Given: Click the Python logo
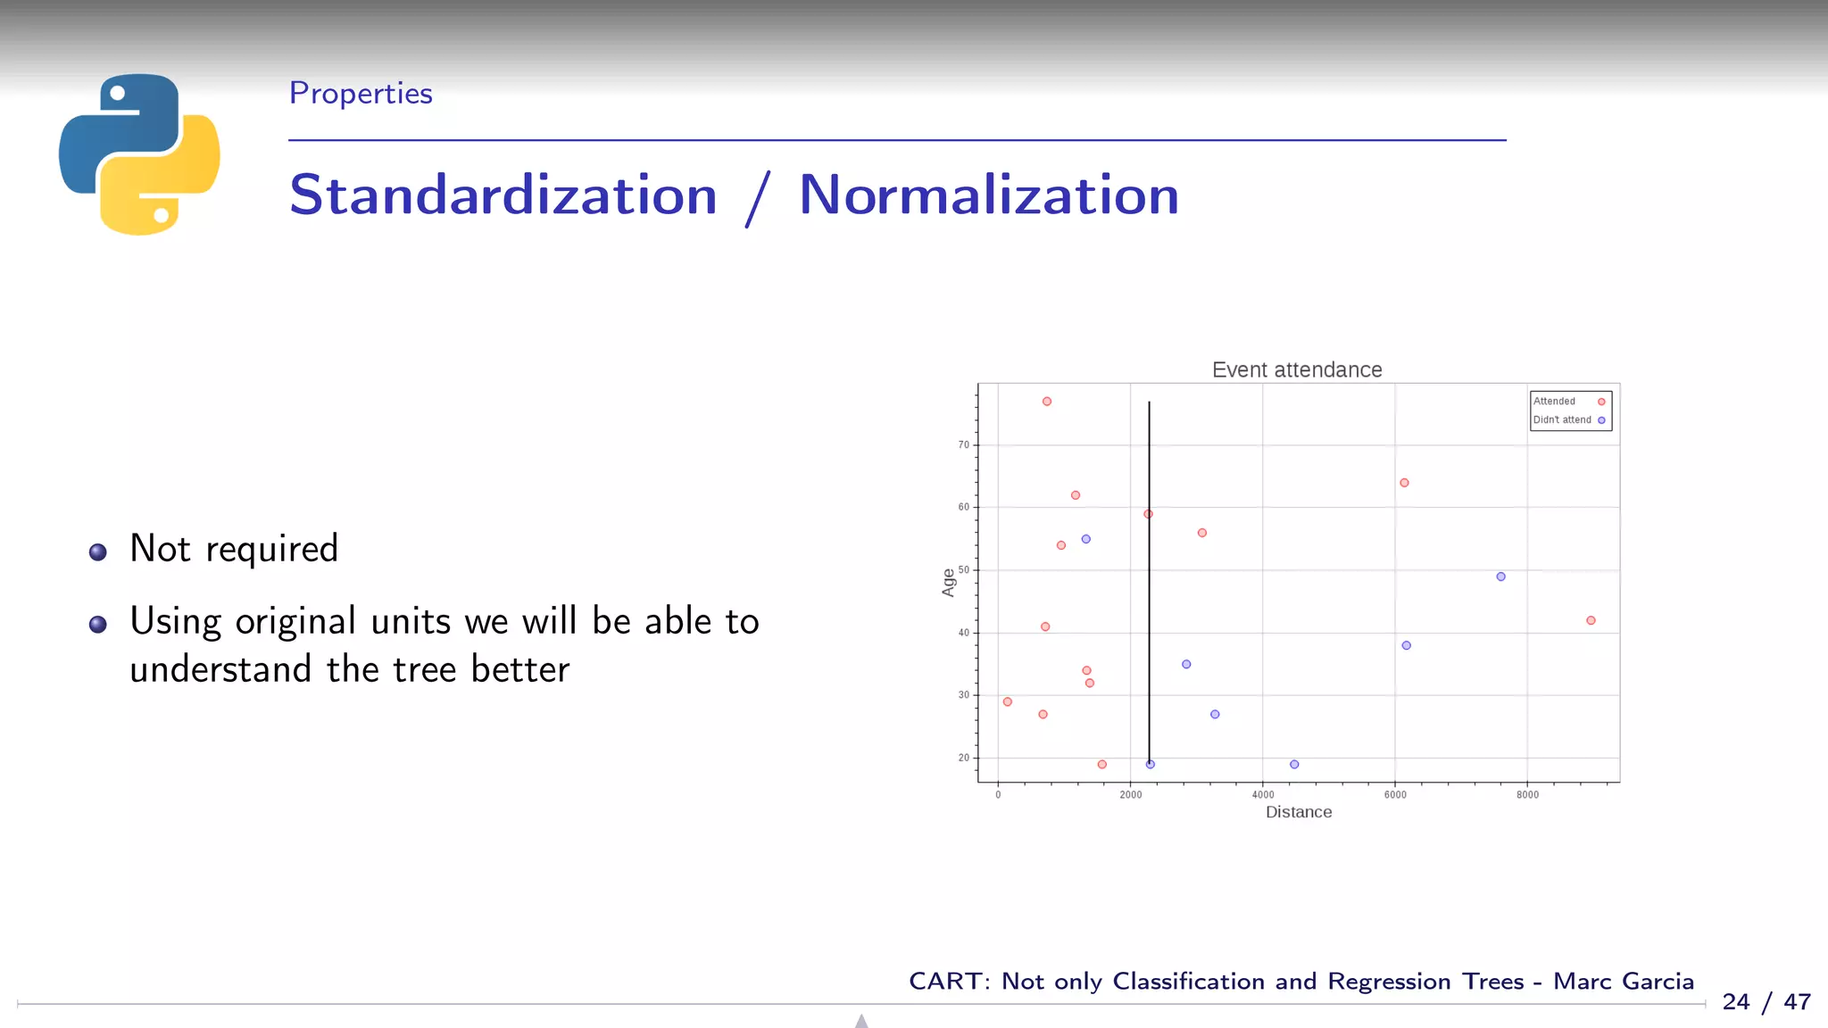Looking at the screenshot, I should point(139,153).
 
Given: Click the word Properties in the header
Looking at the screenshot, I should point(361,93).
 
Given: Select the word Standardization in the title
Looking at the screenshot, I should point(503,195).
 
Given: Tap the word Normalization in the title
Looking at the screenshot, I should point(988,195).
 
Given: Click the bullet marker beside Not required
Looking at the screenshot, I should point(98,552).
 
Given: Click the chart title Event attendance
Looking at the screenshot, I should point(1296,369).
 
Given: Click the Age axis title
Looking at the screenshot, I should point(948,583).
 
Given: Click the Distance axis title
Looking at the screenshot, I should point(1298,812).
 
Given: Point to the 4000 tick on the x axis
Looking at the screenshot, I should point(1262,794).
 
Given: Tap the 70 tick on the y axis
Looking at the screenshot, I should point(963,444).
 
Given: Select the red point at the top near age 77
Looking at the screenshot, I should point(1047,402).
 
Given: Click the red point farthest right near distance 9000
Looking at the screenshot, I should point(1591,620).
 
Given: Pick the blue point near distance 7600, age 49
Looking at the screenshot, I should point(1500,576).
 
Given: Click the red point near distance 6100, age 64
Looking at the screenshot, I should point(1404,483).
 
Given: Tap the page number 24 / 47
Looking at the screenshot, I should point(1766,1001).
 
